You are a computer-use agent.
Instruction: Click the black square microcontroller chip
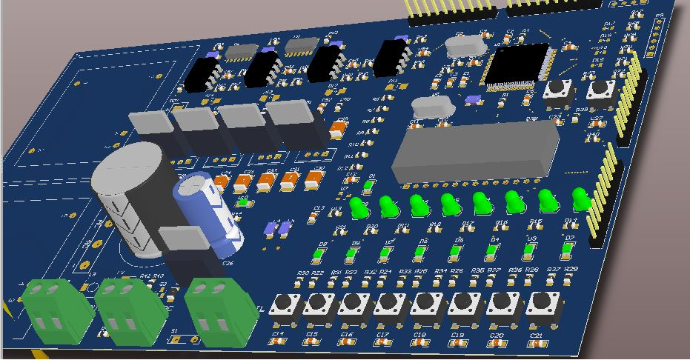(x=517, y=65)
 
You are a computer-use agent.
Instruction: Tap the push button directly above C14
(x=285, y=305)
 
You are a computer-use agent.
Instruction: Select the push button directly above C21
(x=543, y=304)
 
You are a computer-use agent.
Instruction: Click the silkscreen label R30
(x=302, y=273)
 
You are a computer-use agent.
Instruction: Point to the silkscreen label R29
(x=571, y=268)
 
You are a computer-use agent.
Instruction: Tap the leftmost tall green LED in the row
(x=359, y=208)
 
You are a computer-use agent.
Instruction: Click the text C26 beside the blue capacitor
(x=228, y=263)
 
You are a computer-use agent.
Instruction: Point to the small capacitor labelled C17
(x=383, y=342)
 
